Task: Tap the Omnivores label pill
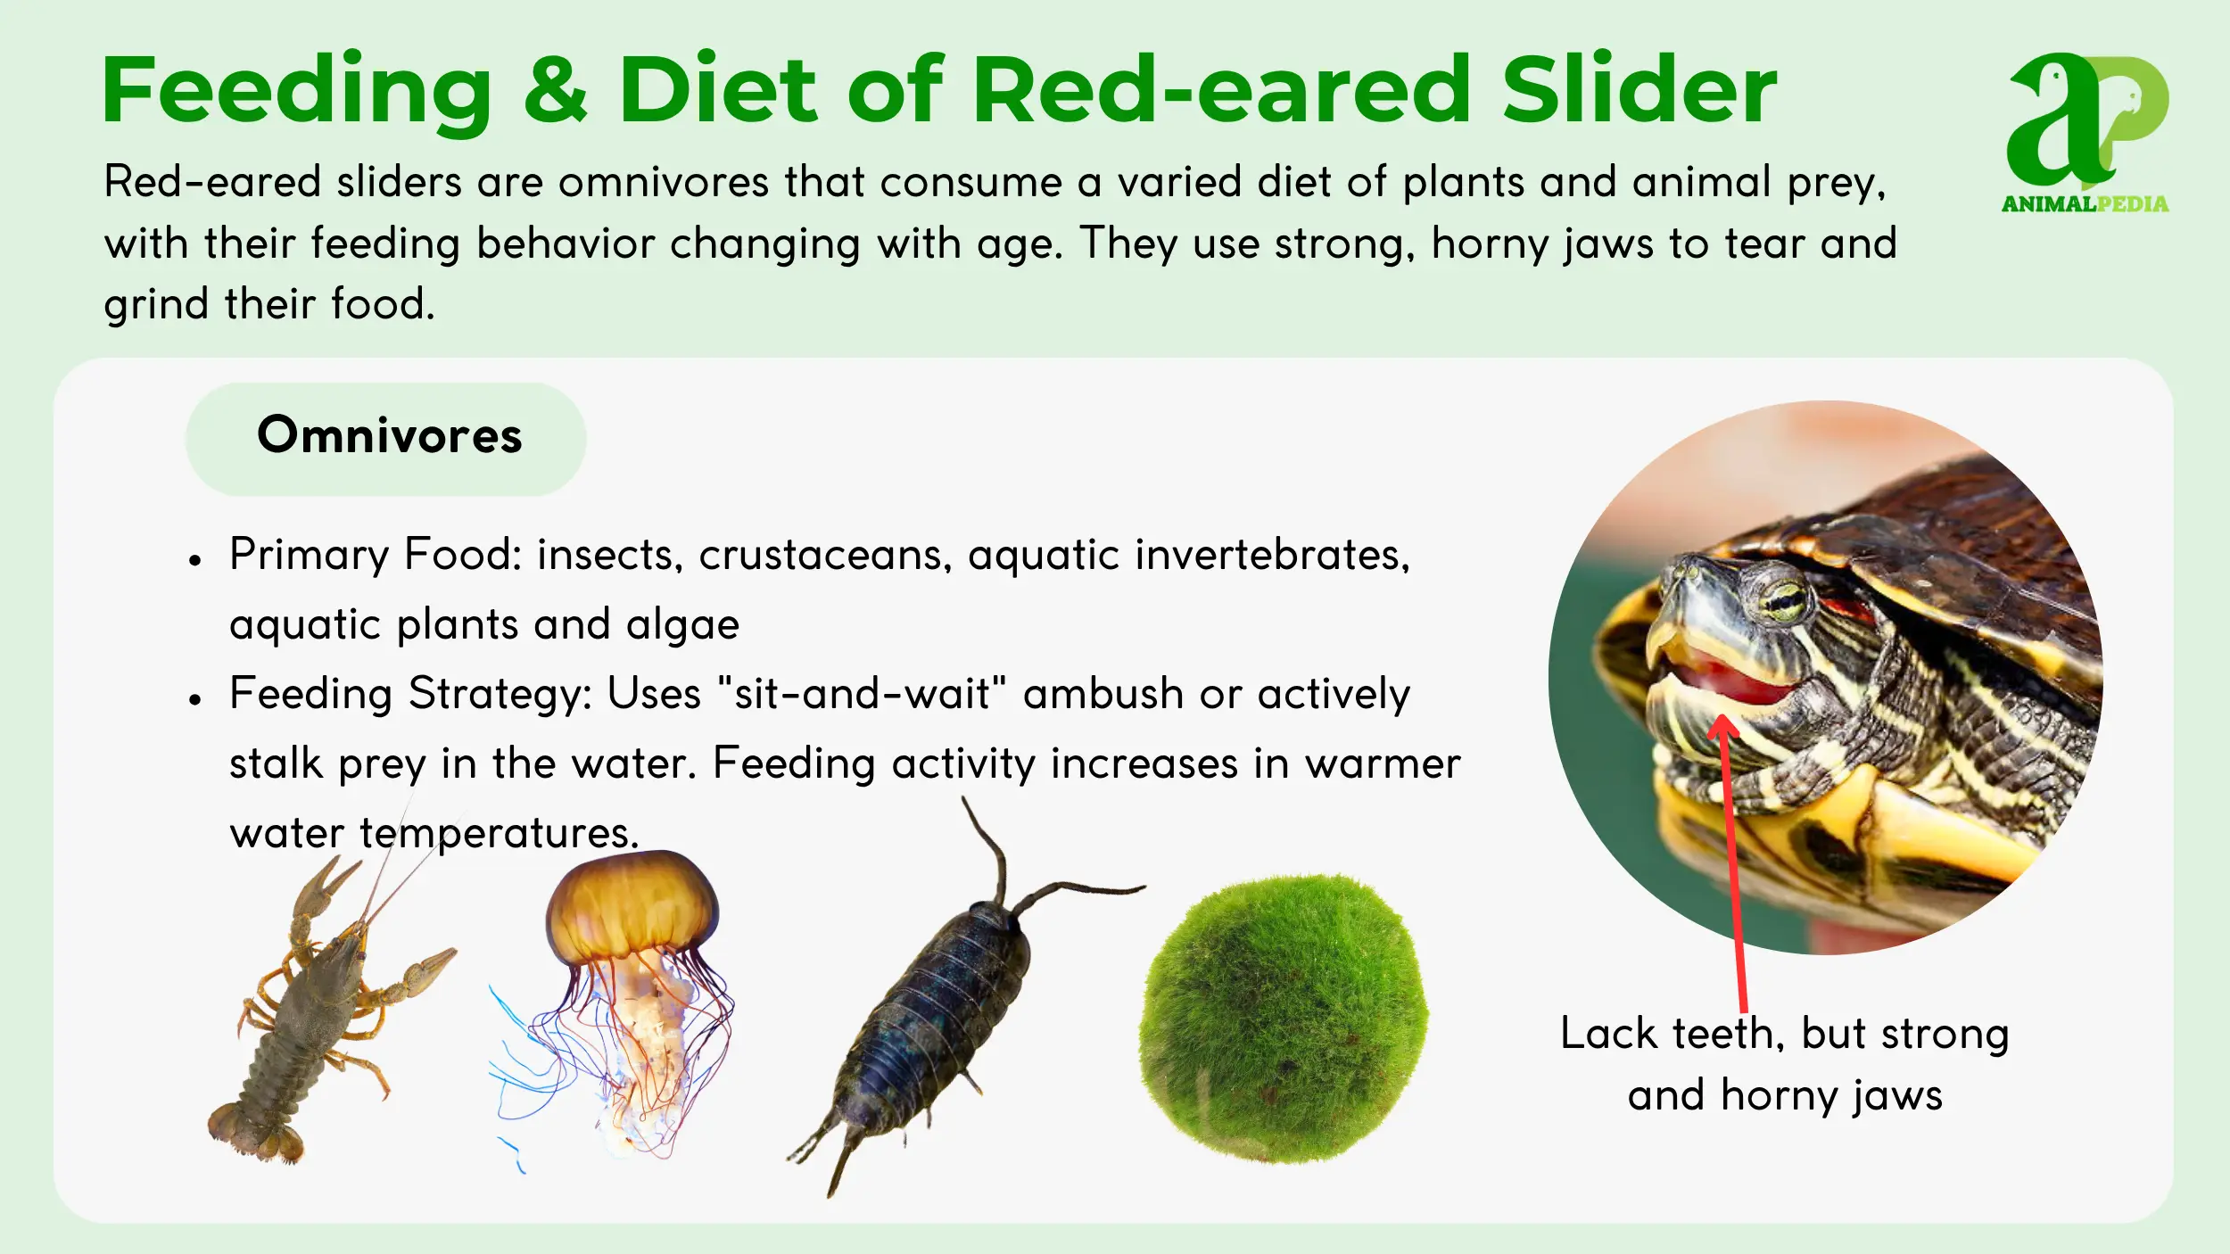pyautogui.click(x=385, y=439)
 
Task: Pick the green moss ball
pyautogui.click(x=1283, y=1018)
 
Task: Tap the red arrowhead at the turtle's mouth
pyautogui.click(x=1722, y=727)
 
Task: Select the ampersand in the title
pyautogui.click(x=555, y=89)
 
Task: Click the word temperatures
pyautogui.click(x=500, y=834)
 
